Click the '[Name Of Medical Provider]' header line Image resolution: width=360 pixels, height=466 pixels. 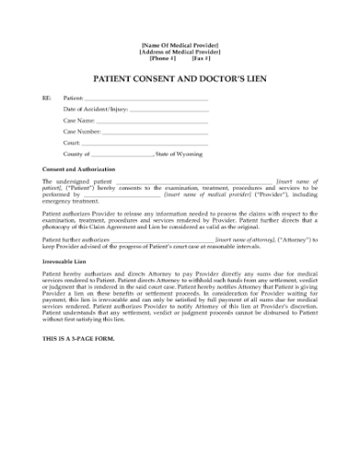(x=180, y=45)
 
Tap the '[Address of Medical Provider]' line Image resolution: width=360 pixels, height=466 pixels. (x=180, y=51)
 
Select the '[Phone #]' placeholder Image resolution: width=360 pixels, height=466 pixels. (x=163, y=58)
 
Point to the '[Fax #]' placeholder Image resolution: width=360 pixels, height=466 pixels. (x=201, y=58)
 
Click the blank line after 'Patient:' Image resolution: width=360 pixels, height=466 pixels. (x=146, y=98)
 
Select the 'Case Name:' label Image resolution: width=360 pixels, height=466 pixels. (x=79, y=120)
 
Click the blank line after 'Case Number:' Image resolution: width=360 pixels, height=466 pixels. (x=154, y=132)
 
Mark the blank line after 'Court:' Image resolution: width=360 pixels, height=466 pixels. (x=144, y=143)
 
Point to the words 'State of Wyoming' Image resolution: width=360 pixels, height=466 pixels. (x=180, y=154)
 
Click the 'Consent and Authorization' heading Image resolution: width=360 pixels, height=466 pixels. (x=79, y=170)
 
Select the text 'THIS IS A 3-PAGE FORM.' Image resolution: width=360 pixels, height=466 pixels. (x=82, y=339)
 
